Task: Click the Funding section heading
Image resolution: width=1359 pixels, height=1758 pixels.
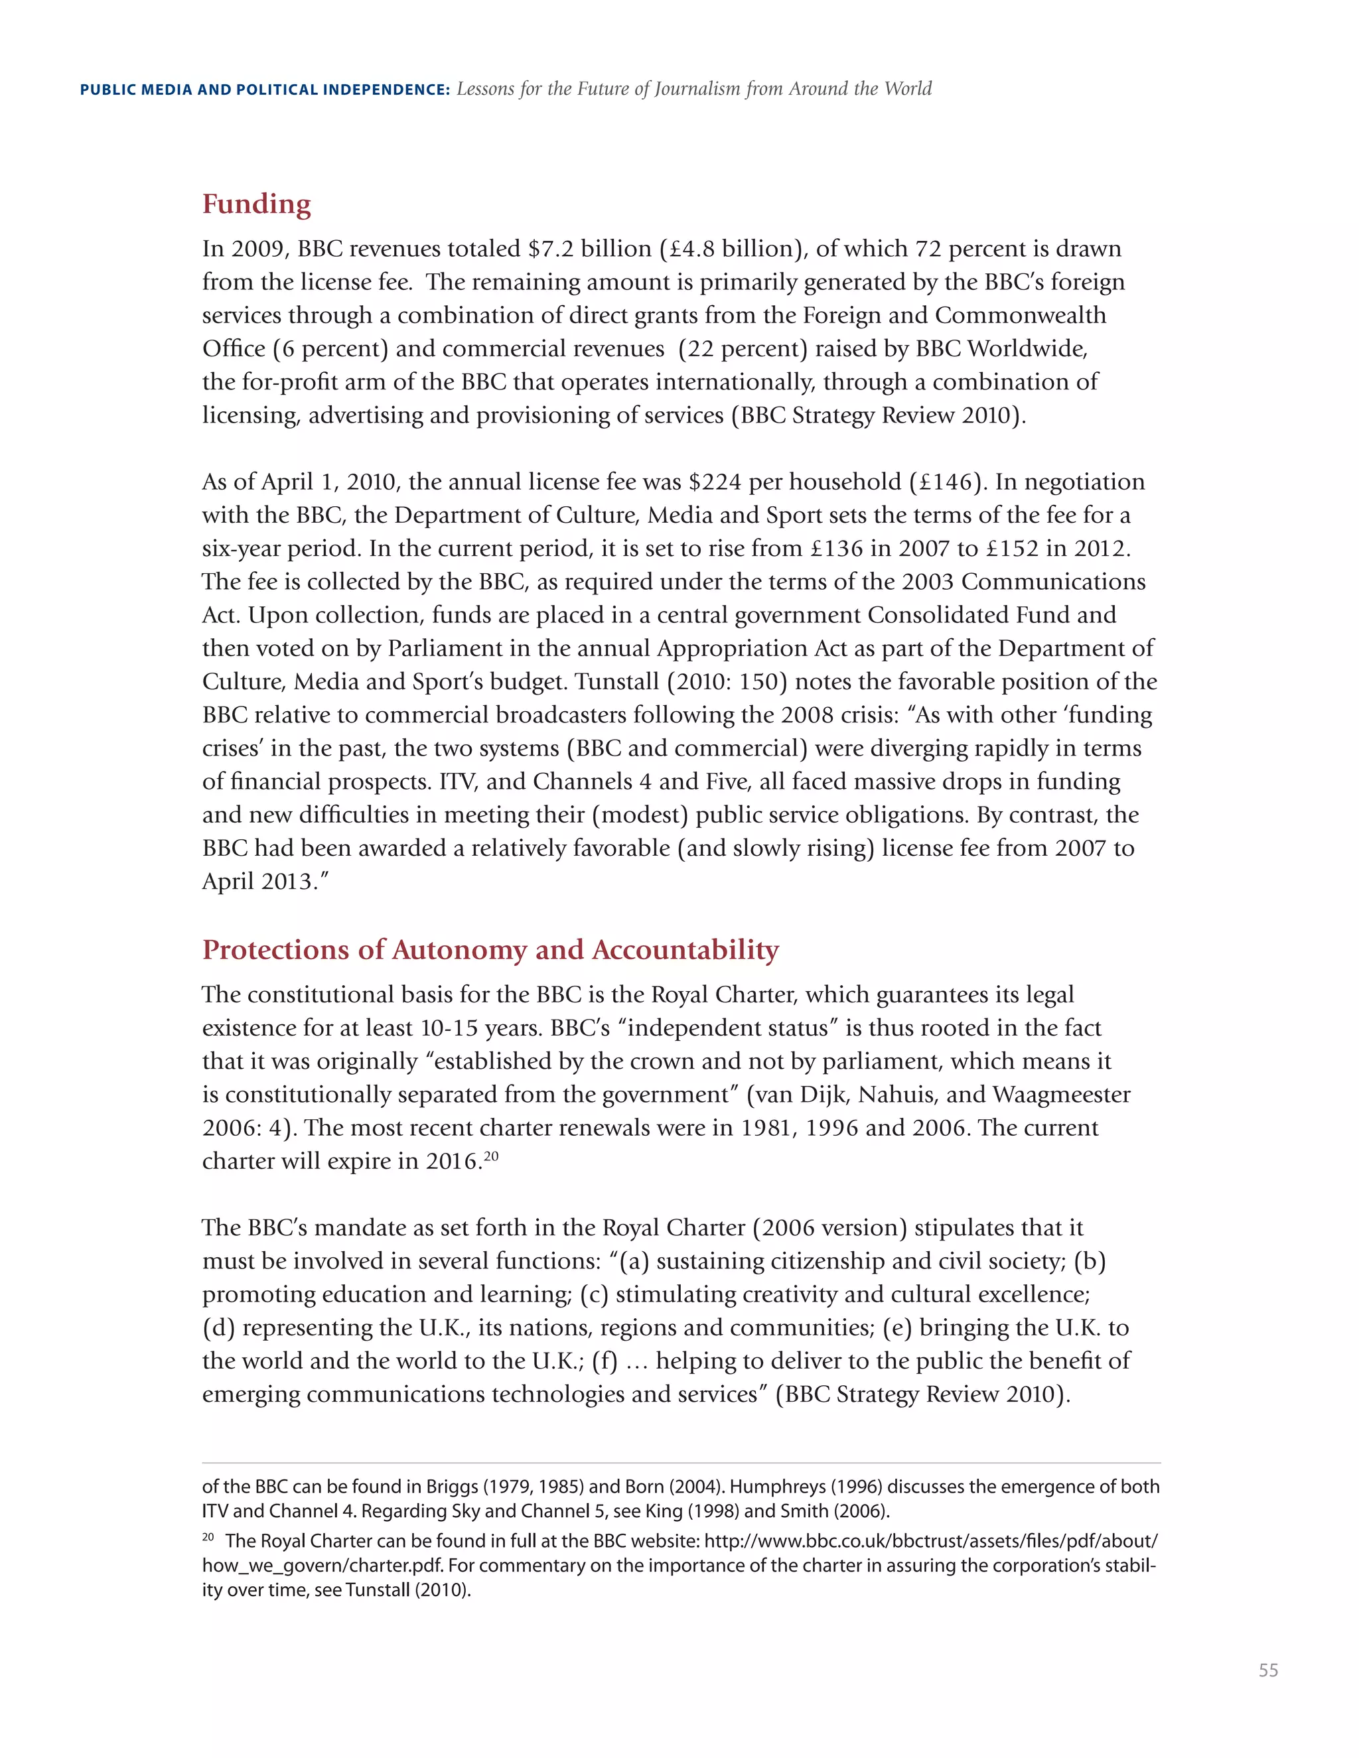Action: tap(256, 204)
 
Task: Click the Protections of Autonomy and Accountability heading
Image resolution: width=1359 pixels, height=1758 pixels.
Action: tap(490, 950)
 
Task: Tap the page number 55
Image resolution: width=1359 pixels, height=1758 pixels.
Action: tap(1268, 1670)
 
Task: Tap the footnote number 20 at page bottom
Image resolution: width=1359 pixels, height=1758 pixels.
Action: tap(208, 1538)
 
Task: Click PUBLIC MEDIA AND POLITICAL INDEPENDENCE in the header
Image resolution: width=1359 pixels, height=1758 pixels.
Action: tap(265, 90)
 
